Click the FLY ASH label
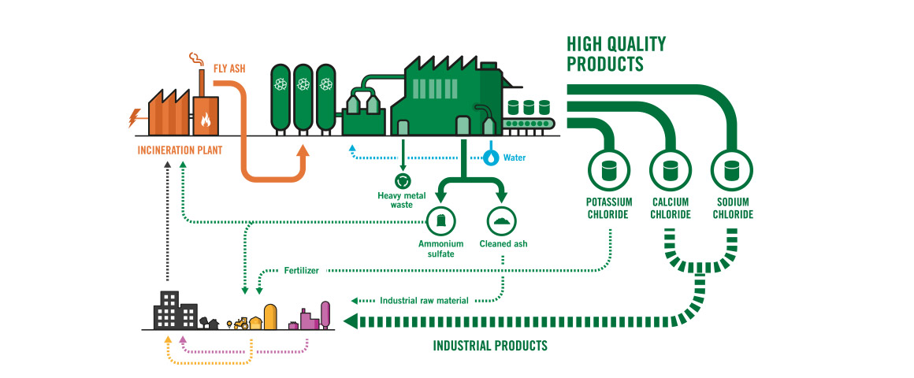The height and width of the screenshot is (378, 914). tap(229, 69)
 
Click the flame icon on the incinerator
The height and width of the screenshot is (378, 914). tap(206, 120)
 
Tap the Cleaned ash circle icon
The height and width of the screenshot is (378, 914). tap(502, 220)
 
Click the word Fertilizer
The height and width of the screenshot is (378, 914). tap(302, 271)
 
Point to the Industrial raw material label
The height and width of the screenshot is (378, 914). tap(424, 300)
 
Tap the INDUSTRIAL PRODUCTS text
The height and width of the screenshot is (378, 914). tap(490, 346)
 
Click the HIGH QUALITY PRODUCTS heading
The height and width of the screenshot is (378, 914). tap(616, 54)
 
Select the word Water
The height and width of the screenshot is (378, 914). tap(515, 157)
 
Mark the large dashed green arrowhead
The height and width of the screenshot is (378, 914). tap(351, 321)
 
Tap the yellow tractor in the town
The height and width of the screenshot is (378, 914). tap(239, 323)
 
